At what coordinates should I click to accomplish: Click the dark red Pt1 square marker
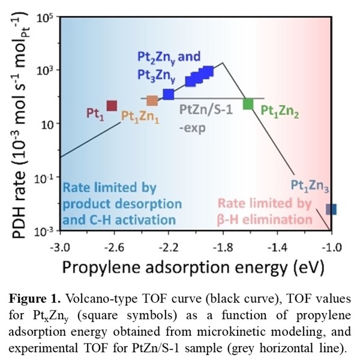click(112, 106)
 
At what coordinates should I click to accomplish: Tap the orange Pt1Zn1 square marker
click(152, 101)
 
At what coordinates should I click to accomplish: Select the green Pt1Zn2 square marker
click(248, 104)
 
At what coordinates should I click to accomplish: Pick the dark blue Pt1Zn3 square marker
click(331, 209)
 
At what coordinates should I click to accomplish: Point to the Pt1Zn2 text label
click(280, 110)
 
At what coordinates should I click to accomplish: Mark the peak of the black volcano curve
click(223, 62)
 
